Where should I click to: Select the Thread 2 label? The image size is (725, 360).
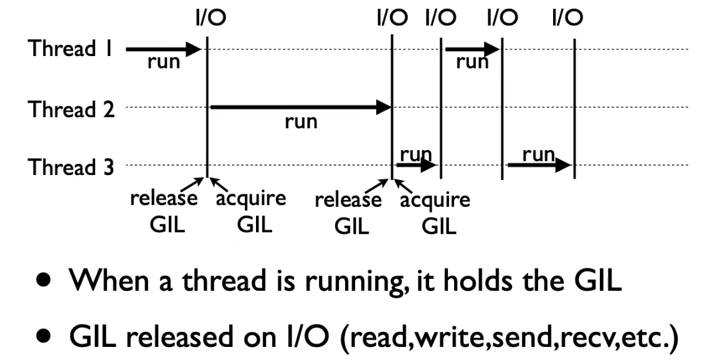coord(72,110)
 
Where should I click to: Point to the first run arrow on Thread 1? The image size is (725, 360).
coord(163,48)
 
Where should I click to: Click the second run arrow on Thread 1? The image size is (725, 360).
coord(472,48)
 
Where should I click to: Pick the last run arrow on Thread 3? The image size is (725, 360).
coord(539,165)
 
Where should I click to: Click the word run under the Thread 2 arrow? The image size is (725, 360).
coord(301,122)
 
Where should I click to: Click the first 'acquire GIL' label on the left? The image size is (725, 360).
coord(252,211)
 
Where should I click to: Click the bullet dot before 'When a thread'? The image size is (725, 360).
coord(42,282)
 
